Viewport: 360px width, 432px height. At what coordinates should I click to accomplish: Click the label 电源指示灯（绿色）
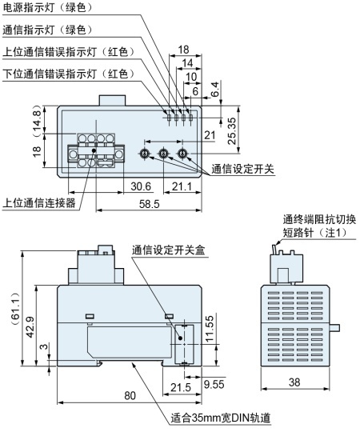47,7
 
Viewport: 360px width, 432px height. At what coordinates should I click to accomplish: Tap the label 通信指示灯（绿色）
47,30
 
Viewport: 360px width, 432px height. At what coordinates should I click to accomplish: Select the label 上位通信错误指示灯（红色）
69,51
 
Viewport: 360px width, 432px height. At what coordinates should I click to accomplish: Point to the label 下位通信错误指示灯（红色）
69,74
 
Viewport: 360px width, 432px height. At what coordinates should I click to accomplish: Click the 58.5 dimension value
150,204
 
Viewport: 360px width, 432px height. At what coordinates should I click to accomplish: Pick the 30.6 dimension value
141,186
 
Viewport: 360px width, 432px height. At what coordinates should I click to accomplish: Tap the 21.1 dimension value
182,186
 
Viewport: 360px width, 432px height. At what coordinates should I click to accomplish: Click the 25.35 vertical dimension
232,131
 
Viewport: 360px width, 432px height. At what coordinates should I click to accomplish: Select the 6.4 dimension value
215,89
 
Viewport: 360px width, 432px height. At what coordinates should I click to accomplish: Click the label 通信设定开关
243,169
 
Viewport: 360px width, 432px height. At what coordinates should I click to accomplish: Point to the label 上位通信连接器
39,203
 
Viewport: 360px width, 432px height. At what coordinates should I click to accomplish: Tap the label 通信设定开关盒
169,250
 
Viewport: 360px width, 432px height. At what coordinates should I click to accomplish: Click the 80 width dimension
130,396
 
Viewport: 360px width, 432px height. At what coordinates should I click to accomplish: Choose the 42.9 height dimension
30,327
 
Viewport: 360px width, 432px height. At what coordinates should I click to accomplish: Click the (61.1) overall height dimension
16,310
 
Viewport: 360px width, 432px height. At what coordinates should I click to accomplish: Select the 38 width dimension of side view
294,382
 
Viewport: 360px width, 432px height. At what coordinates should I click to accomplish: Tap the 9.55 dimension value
214,384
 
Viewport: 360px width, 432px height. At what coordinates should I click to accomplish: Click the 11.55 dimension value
210,329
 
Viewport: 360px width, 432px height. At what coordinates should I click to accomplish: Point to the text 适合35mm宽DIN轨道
221,418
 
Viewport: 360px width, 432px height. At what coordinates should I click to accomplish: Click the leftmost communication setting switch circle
145,154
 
